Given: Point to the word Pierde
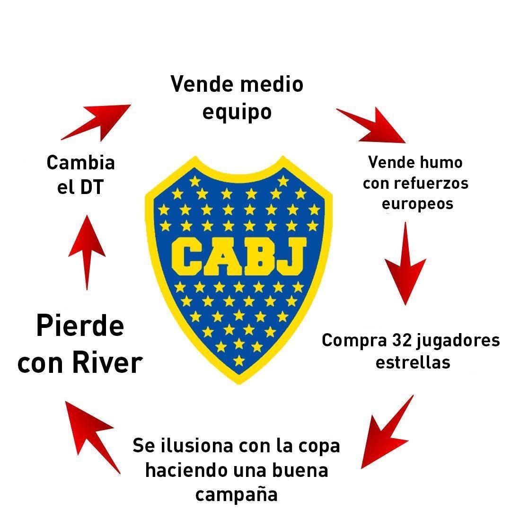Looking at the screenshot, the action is tap(80, 326).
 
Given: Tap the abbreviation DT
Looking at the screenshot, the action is tap(90, 187).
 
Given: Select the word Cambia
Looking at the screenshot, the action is tap(80, 163).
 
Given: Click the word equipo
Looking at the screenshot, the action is tap(237, 113).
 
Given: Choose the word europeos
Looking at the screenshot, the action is tap(417, 203).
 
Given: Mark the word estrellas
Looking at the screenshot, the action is tap(413, 362).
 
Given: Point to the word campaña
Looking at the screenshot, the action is tap(237, 494).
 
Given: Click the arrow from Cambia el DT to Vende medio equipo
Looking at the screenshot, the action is tap(97, 122).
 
